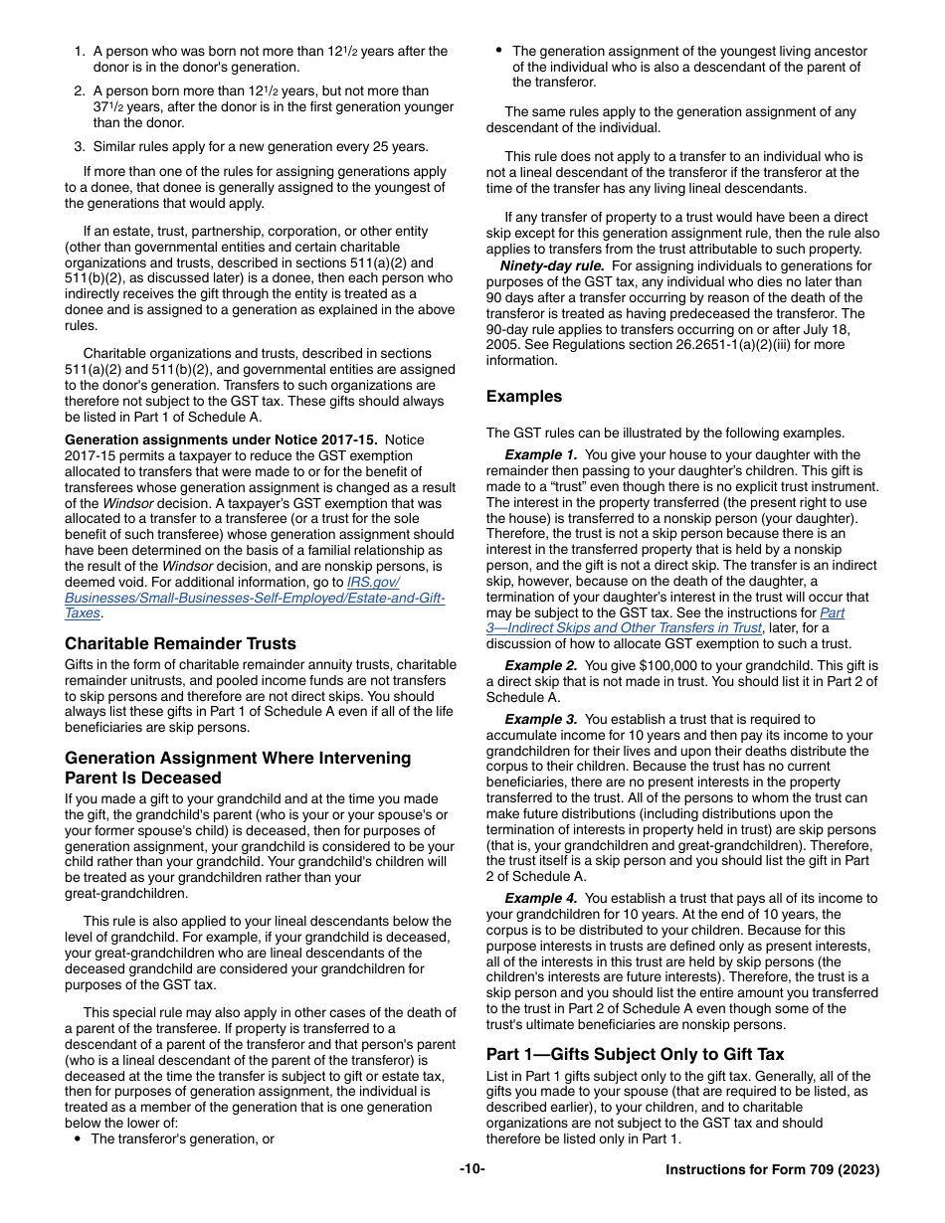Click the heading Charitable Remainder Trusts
(180, 643)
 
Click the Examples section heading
(523, 396)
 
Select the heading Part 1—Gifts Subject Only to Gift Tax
(635, 1054)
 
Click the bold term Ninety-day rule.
(551, 265)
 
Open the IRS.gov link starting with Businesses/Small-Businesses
(254, 598)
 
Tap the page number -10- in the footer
(472, 1169)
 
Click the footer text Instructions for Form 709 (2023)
(772, 1170)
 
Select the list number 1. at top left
(79, 51)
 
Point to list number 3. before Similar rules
(79, 146)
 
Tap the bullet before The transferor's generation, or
(78, 1139)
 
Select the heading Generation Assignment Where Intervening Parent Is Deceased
(237, 768)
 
